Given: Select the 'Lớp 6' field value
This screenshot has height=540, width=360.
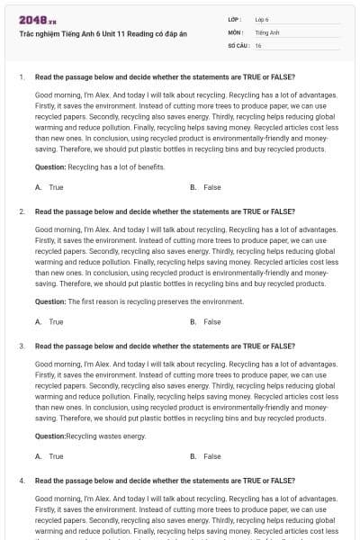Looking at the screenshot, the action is pos(262,18).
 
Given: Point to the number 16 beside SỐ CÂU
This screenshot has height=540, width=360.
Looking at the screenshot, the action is pos(258,44).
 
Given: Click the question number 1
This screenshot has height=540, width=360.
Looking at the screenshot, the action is pos(21,76).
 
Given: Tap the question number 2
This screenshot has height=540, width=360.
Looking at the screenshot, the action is pos(21,211).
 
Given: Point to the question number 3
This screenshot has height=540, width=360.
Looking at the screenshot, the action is pos(21,346).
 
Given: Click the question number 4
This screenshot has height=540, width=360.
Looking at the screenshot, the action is pos(21,481).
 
